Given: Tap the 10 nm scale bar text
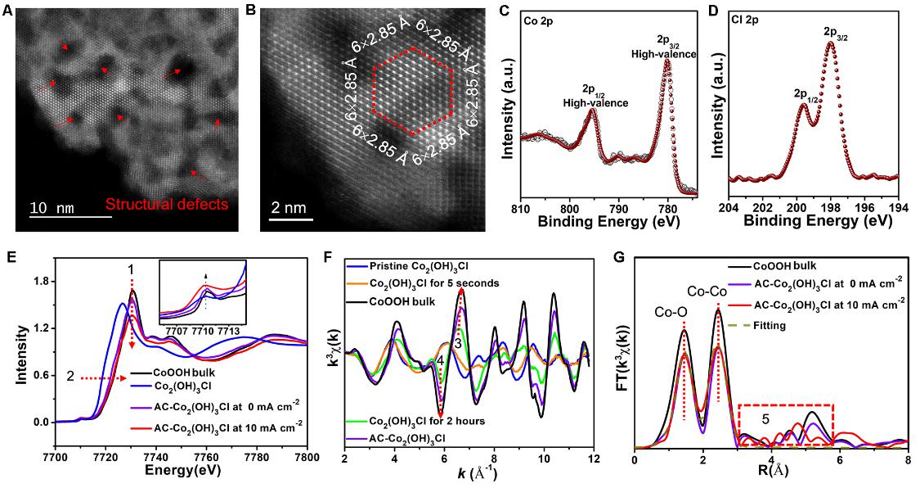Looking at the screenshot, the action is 52,209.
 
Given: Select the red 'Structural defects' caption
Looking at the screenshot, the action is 167,205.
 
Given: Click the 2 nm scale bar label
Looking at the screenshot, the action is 288,208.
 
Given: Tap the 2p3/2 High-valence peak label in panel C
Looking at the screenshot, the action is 663,48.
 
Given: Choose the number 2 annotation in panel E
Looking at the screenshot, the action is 70,378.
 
